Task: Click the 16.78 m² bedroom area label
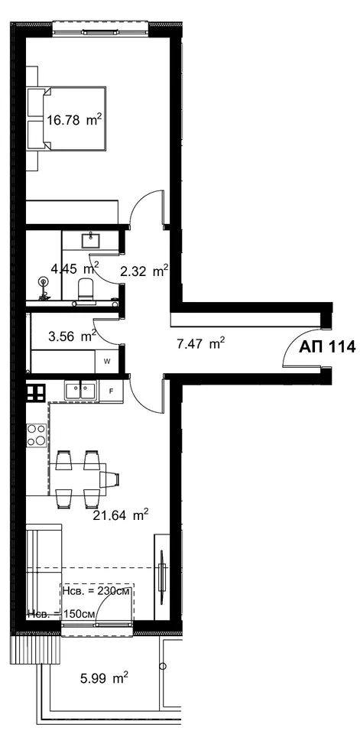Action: [74, 120]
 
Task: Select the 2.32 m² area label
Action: [144, 271]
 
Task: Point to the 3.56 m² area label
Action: [72, 336]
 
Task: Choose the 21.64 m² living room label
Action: [122, 516]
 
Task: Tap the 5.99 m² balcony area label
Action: [103, 678]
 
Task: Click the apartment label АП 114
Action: [327, 347]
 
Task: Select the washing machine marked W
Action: [106, 361]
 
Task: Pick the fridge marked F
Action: [111, 391]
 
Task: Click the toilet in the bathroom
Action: [85, 289]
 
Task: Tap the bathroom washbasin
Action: [90, 241]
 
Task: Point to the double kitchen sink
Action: [81, 390]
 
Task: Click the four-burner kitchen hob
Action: [37, 435]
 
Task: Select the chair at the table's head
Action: [112, 480]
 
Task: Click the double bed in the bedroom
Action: [66, 119]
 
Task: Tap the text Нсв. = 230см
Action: [96, 590]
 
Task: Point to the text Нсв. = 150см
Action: [62, 613]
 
